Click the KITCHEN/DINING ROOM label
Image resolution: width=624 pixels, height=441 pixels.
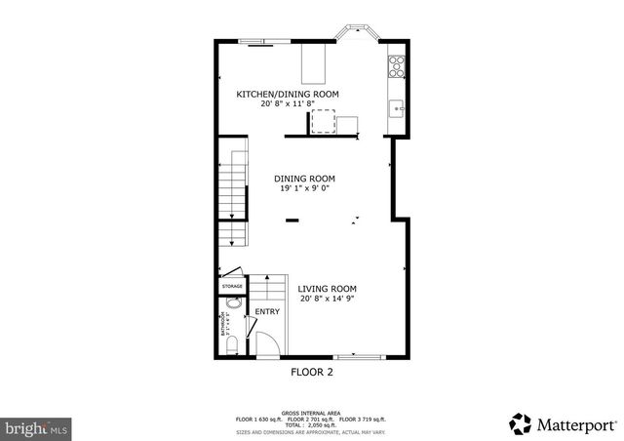(x=288, y=94)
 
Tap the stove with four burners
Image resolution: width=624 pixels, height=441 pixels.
(x=398, y=65)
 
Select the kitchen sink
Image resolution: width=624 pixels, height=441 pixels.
(x=397, y=106)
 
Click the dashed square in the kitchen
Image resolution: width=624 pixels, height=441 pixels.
(x=323, y=122)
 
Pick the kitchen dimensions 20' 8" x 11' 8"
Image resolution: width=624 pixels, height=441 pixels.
(x=288, y=103)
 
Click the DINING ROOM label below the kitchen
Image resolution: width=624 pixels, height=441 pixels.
(x=304, y=179)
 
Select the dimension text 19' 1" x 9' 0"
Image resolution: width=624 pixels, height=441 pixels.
(x=304, y=189)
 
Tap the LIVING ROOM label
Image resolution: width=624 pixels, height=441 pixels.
(x=327, y=289)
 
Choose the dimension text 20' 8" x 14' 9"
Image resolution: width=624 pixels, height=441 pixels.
(x=327, y=300)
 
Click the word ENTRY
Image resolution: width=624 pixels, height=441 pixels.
(x=267, y=312)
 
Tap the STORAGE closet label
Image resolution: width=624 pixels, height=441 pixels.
(x=231, y=286)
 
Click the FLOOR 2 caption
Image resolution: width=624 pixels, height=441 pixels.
(x=312, y=372)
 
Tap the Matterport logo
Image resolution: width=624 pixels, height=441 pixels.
(x=562, y=423)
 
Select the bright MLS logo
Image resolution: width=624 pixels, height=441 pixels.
(x=37, y=427)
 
